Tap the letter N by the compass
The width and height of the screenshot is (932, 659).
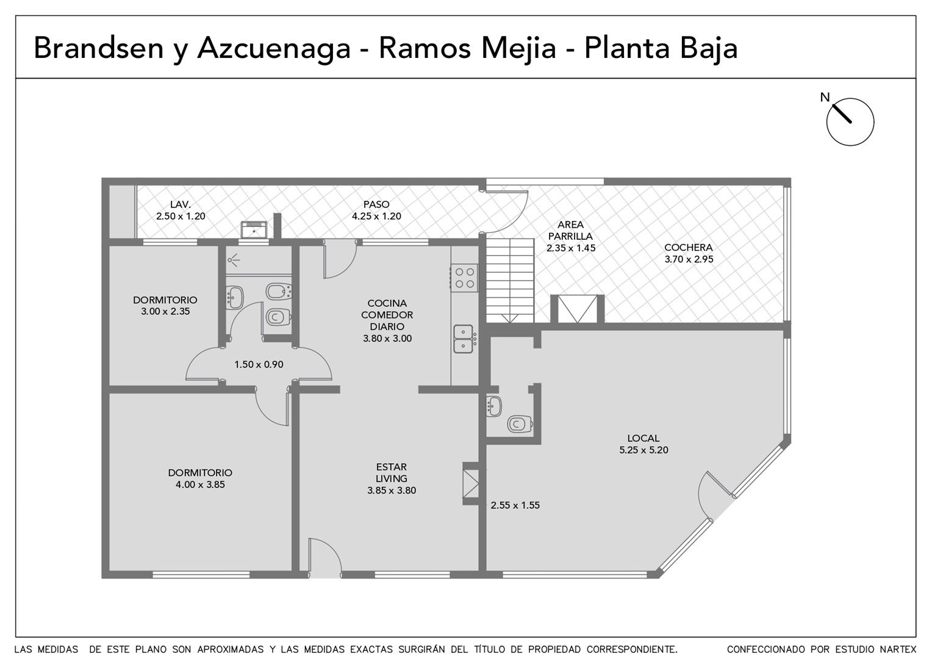(x=825, y=98)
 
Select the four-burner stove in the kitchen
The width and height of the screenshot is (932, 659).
(x=464, y=278)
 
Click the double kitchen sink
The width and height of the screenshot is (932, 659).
(x=463, y=339)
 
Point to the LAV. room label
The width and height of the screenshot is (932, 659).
(x=181, y=204)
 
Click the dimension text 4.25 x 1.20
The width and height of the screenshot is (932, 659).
(x=376, y=216)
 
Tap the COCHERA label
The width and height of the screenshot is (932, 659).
(x=689, y=247)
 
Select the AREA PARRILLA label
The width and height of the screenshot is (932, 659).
(x=570, y=230)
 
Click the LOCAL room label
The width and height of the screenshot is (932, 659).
(x=643, y=438)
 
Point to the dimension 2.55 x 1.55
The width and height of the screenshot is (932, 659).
(x=515, y=505)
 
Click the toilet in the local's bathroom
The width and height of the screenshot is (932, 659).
(x=520, y=424)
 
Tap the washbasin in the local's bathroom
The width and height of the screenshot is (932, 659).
(x=494, y=406)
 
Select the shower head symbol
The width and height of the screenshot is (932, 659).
(x=234, y=260)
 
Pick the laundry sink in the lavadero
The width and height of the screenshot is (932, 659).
(x=253, y=230)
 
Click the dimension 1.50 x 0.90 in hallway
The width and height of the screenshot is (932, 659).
(x=259, y=365)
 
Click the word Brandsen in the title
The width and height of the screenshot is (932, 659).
(x=99, y=48)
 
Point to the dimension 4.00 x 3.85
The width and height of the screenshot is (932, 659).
(x=200, y=484)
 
